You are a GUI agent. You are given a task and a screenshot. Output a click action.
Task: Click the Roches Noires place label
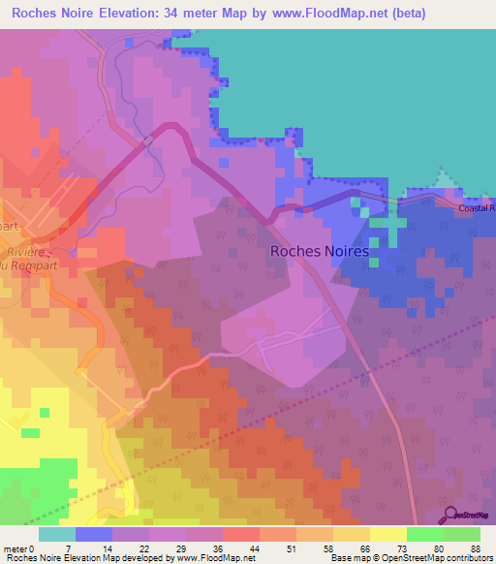(319, 251)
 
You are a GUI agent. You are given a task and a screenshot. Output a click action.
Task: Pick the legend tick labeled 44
(239, 548)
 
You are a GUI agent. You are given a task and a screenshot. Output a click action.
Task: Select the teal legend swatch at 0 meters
(57, 534)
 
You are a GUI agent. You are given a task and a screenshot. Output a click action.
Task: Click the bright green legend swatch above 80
(425, 534)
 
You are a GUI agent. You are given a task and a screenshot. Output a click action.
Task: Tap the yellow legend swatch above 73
(388, 534)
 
